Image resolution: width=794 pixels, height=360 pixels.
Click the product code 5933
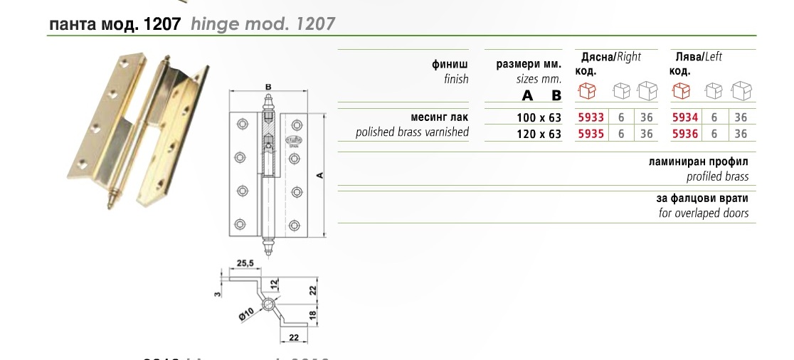pyautogui.click(x=592, y=117)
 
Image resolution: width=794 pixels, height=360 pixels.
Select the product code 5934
pyautogui.click(x=685, y=117)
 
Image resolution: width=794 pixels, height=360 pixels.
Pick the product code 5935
pyautogui.click(x=592, y=133)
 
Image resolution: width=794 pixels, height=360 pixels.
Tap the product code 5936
pyautogui.click(x=685, y=133)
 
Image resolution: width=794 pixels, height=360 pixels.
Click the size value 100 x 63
pyautogui.click(x=539, y=117)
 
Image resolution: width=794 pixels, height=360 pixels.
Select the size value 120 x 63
pyautogui.click(x=539, y=133)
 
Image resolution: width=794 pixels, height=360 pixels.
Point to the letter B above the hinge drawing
pyautogui.click(x=268, y=88)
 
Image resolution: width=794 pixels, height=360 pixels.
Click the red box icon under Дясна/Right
pyautogui.click(x=587, y=91)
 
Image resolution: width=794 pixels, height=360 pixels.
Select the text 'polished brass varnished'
pyautogui.click(x=412, y=132)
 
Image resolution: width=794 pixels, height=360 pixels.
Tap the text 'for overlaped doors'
pyautogui.click(x=704, y=213)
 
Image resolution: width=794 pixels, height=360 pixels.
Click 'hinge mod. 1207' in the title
pyautogui.click(x=263, y=24)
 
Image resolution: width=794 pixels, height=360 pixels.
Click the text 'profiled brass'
pyautogui.click(x=717, y=176)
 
